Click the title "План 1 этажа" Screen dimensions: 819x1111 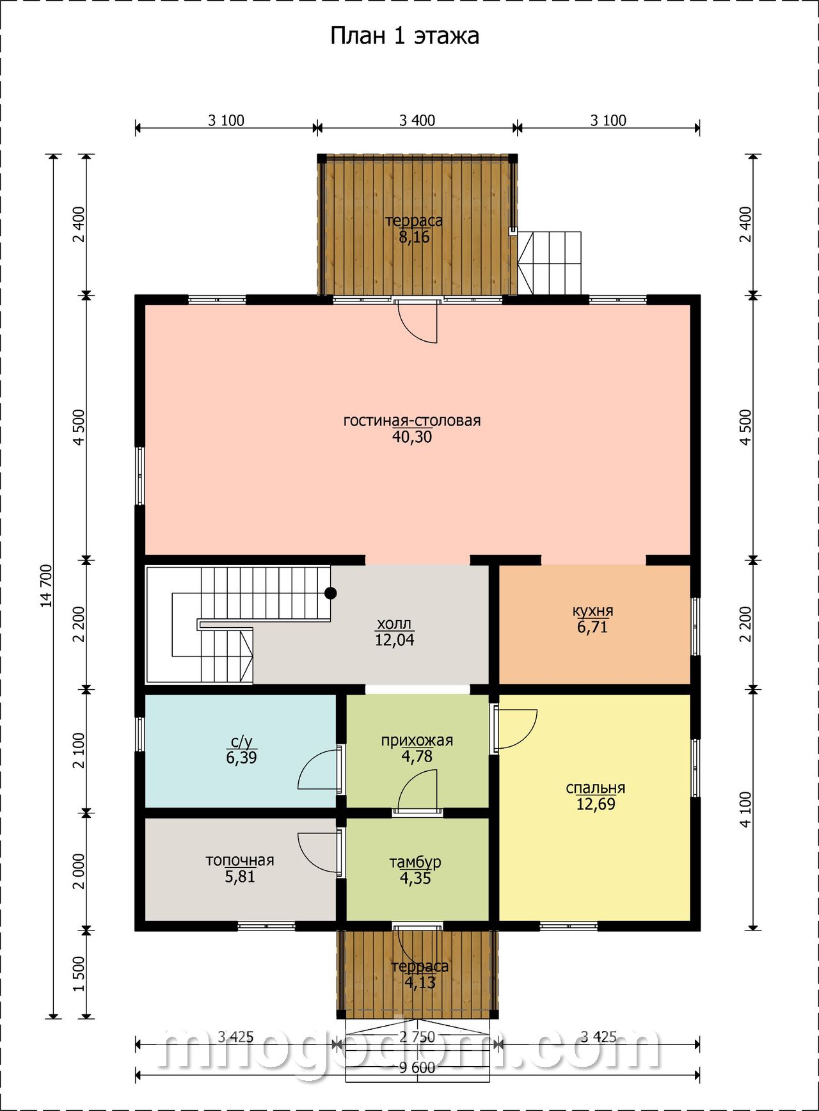click(x=404, y=36)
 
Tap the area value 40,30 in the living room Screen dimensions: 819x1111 click(x=412, y=437)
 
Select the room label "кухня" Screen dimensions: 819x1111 click(x=592, y=611)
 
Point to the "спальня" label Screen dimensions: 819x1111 click(x=595, y=788)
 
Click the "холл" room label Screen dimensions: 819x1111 click(x=394, y=624)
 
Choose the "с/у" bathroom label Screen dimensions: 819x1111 click(x=241, y=742)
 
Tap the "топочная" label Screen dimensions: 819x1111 click(x=239, y=861)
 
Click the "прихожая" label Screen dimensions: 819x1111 click(x=417, y=740)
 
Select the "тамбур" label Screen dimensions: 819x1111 click(x=415, y=862)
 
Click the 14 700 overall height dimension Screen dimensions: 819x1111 click(x=47, y=586)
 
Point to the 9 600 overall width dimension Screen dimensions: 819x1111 click(x=417, y=1067)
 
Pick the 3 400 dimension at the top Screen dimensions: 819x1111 click(x=417, y=120)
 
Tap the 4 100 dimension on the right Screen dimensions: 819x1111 click(x=745, y=810)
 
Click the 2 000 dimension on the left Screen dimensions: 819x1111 click(x=79, y=871)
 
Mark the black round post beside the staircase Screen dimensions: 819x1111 click(x=330, y=593)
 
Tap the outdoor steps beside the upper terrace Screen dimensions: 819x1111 click(x=550, y=263)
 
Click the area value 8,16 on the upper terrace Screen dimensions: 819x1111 click(x=415, y=237)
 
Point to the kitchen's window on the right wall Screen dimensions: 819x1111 click(x=696, y=626)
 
